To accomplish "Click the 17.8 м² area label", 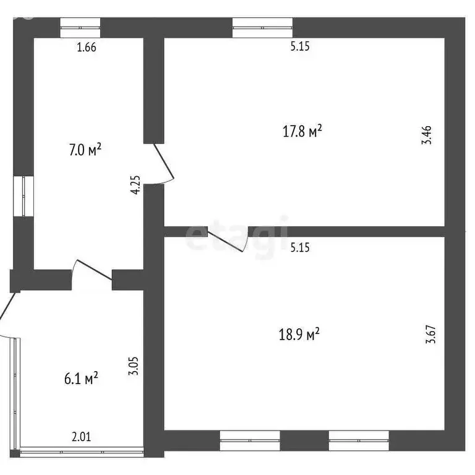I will point(302,131).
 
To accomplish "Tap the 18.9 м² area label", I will point(299,335).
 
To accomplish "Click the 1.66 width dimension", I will point(86,48).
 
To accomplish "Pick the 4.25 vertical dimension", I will point(137,186).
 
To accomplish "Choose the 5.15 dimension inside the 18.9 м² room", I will point(299,247).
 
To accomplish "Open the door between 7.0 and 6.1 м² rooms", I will point(93,272).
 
